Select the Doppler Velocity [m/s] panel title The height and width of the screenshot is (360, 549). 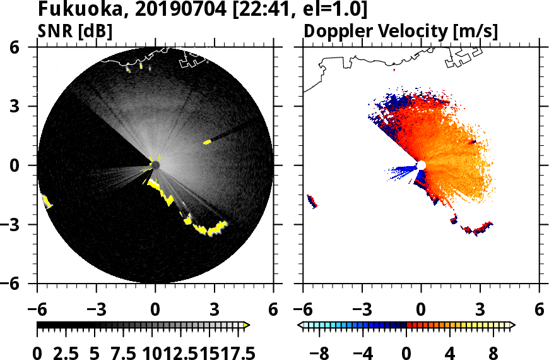click(401, 30)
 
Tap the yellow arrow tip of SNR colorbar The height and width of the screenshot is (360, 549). click(247, 325)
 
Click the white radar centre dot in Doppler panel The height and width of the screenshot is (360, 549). click(422, 165)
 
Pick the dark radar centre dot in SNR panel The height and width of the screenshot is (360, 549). click(155, 165)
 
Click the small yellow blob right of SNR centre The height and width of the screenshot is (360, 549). click(206, 142)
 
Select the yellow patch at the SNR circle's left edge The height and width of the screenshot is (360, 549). click(47, 201)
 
